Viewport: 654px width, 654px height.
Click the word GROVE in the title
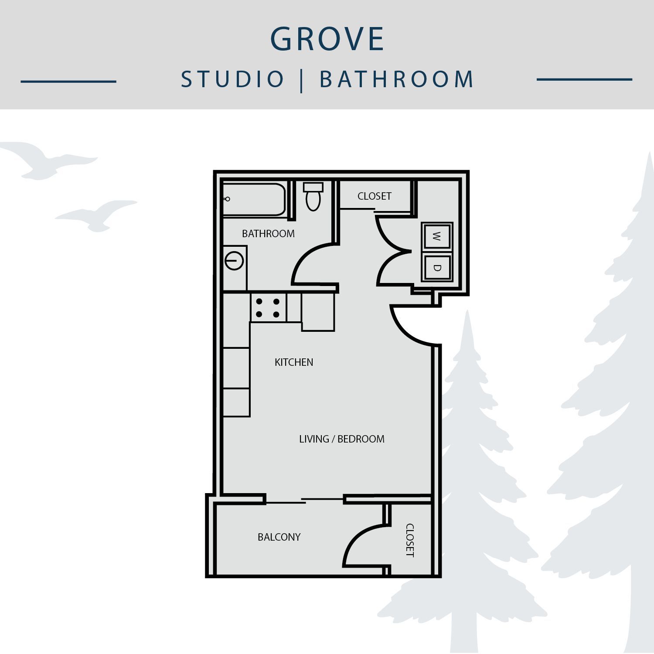click(x=327, y=39)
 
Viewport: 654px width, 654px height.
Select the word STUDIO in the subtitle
click(x=233, y=79)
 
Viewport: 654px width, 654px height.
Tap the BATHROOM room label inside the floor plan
click(x=268, y=234)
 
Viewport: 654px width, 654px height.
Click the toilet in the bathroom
click(x=313, y=197)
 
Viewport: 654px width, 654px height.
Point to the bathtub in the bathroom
click(x=254, y=199)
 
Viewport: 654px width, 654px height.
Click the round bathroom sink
click(x=234, y=261)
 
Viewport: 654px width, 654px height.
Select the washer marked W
click(x=437, y=237)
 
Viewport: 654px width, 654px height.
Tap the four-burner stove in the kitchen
click(x=268, y=308)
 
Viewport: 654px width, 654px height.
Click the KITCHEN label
click(x=294, y=362)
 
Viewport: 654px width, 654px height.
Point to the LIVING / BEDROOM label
click(x=342, y=439)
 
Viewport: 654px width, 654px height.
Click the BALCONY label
click(x=279, y=537)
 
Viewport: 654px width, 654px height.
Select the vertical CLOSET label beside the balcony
click(x=410, y=540)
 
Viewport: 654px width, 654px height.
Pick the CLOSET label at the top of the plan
click(x=375, y=196)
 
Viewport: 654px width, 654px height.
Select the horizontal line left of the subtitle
click(x=68, y=81)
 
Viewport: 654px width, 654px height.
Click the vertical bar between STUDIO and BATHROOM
click(x=302, y=80)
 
